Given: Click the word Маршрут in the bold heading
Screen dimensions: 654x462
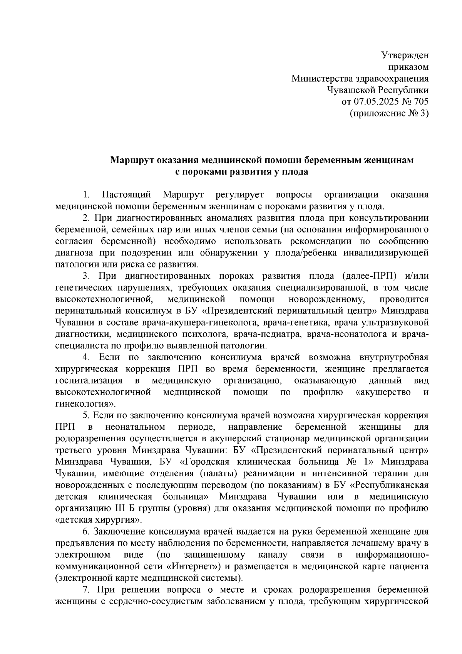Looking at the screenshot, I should [x=131, y=160].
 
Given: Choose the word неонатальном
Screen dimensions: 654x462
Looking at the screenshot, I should [x=135, y=427].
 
